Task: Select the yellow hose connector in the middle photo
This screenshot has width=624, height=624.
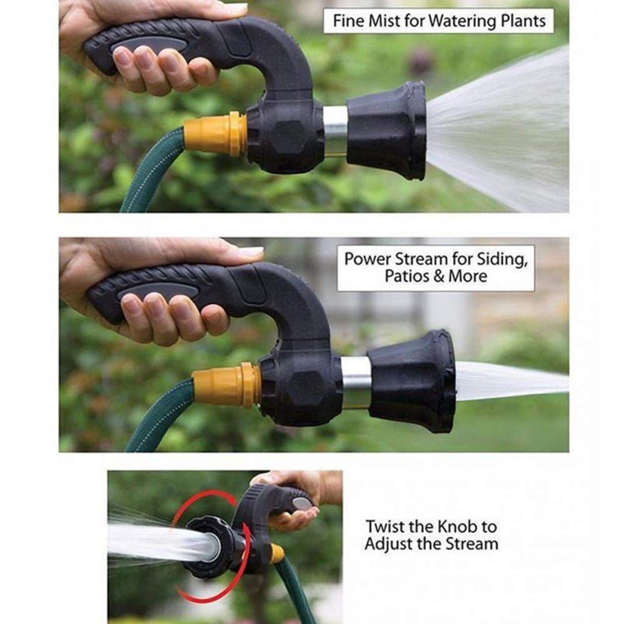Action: (225, 386)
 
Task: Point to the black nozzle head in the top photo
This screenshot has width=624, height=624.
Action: (388, 130)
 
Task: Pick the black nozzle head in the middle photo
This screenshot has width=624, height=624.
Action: (414, 381)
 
